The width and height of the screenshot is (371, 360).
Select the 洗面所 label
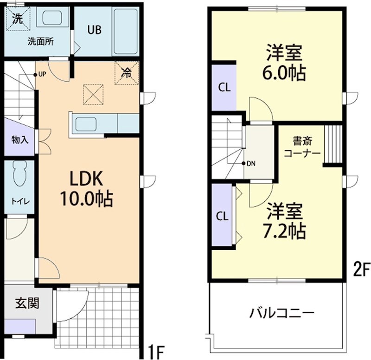[x=40, y=41]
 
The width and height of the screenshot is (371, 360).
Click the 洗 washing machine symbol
[x=17, y=19]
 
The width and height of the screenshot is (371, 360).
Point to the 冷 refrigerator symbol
[x=126, y=72]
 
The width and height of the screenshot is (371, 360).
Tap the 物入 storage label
[x=20, y=140]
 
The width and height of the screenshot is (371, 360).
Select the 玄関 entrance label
[x=27, y=304]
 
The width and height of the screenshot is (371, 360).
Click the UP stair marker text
[x=42, y=74]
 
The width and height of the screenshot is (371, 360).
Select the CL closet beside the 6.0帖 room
[x=224, y=87]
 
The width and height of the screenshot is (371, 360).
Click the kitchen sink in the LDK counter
[x=86, y=124]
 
